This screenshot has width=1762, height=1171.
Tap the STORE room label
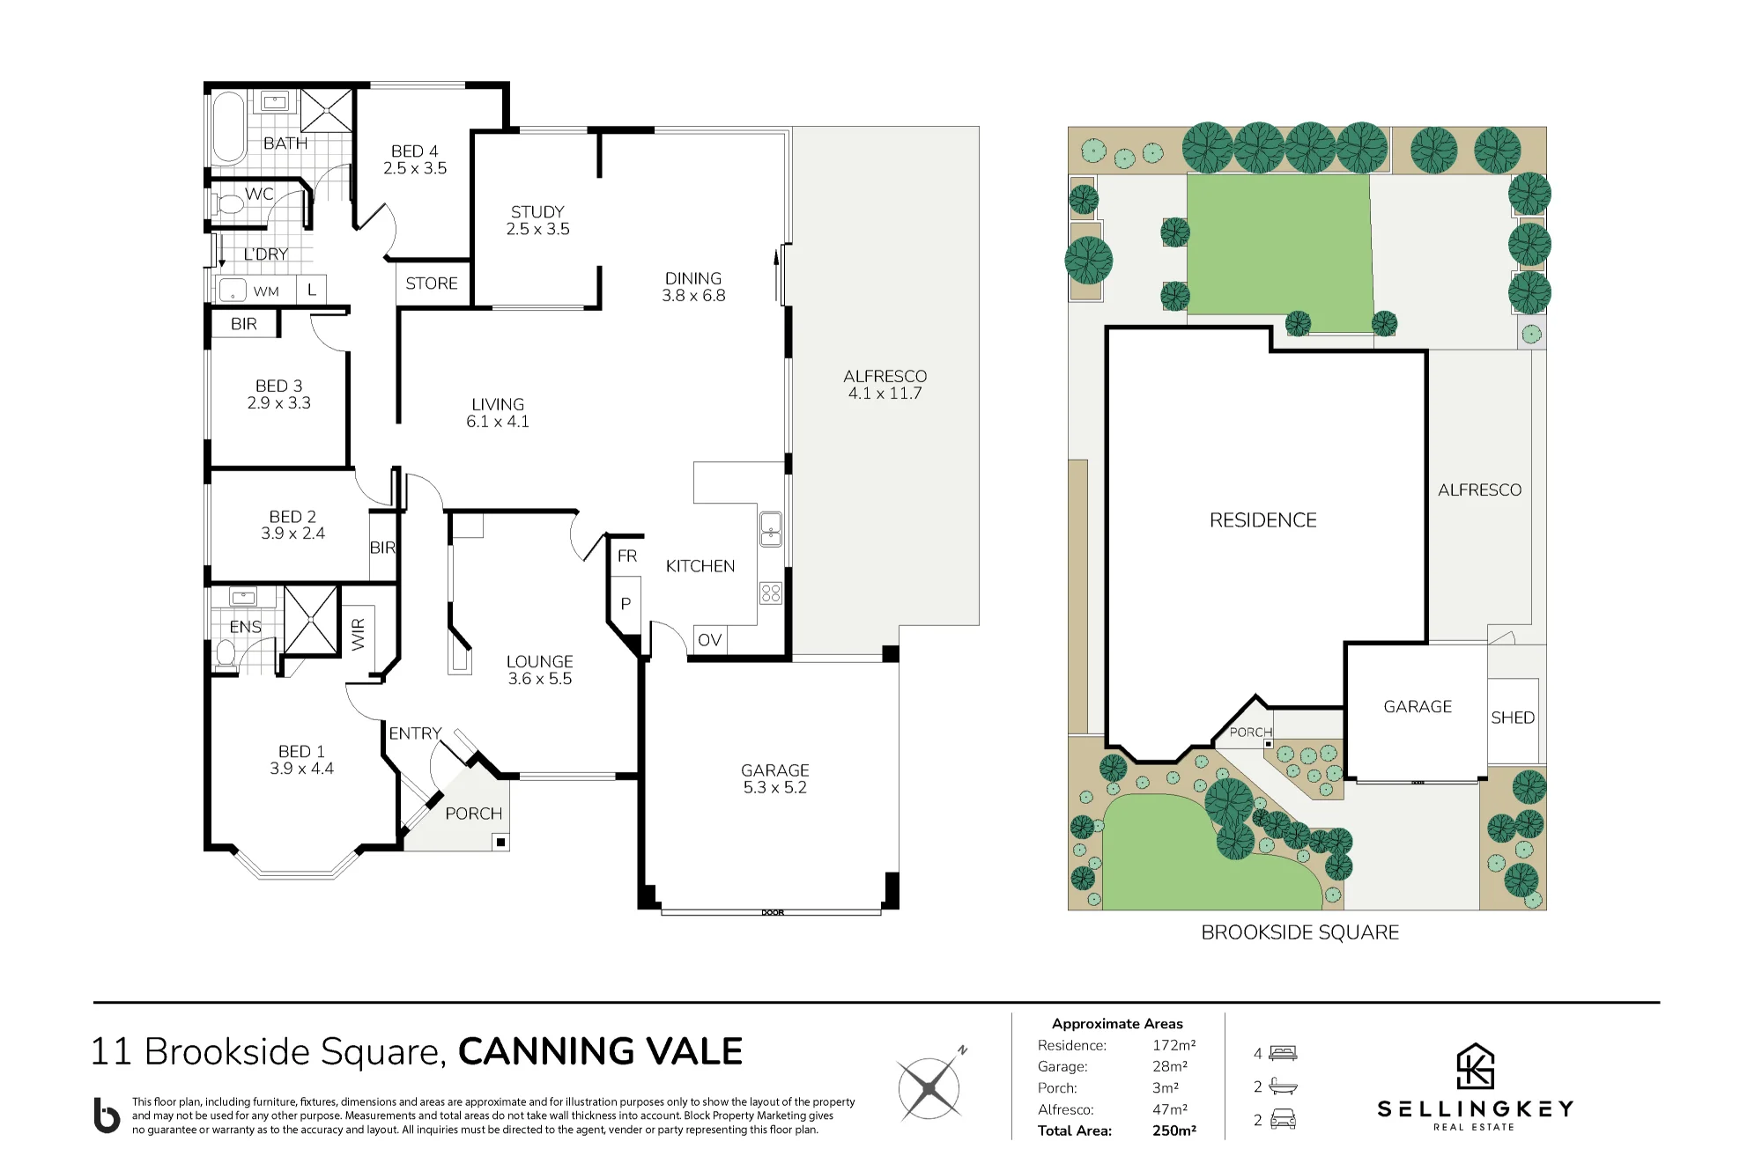(x=432, y=284)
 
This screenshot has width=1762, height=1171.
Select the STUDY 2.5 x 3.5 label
(x=537, y=220)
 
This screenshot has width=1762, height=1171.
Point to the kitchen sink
(x=771, y=528)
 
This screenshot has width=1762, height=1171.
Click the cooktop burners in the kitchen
(x=771, y=593)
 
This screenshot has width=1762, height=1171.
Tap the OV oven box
(x=709, y=639)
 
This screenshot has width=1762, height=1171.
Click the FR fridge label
(x=627, y=556)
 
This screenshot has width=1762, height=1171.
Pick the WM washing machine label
(x=266, y=291)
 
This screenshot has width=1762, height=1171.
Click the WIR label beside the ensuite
(x=358, y=635)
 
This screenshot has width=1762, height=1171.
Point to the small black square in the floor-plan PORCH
(x=500, y=843)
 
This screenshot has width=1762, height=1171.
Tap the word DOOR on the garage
(x=773, y=912)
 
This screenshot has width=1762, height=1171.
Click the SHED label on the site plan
(x=1513, y=718)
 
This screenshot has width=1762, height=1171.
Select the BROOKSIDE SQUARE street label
(x=1299, y=932)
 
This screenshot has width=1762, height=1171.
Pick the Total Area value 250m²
(x=1174, y=1130)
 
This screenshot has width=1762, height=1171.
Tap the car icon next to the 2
(x=1283, y=1119)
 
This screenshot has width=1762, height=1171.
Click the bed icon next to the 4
(x=1283, y=1052)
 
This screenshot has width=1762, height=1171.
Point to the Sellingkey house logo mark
(x=1476, y=1066)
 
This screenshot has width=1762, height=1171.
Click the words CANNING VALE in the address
(x=600, y=1051)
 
